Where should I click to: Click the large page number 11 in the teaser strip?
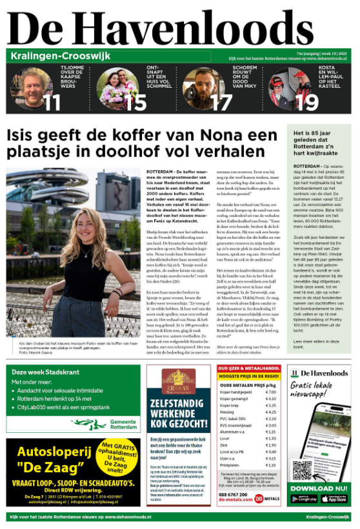coord(52,101)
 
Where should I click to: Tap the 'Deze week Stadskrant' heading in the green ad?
coord(37,372)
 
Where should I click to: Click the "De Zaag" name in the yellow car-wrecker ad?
coord(49,468)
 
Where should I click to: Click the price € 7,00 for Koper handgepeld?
coord(270,392)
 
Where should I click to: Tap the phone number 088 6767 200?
coord(235,494)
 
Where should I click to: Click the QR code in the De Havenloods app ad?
coord(302,470)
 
